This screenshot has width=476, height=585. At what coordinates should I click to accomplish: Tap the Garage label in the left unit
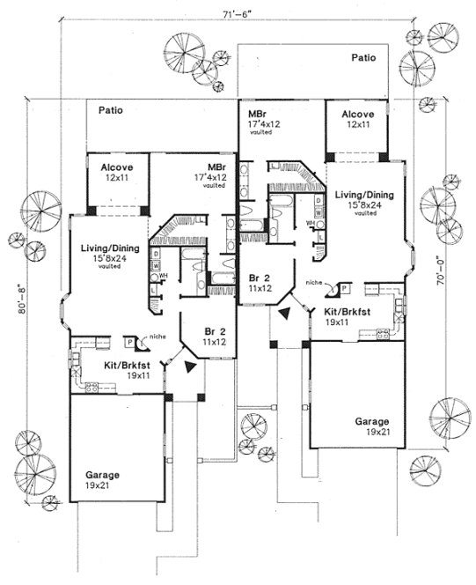103,475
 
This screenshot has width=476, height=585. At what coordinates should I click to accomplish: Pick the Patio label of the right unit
364,57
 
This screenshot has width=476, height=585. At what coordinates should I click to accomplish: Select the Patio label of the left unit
110,111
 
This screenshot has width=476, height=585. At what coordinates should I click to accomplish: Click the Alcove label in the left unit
116,167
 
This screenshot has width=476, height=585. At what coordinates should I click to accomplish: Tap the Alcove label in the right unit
358,115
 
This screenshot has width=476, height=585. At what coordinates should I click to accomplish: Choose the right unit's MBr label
258,115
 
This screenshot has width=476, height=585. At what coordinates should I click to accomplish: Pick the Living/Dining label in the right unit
364,196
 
